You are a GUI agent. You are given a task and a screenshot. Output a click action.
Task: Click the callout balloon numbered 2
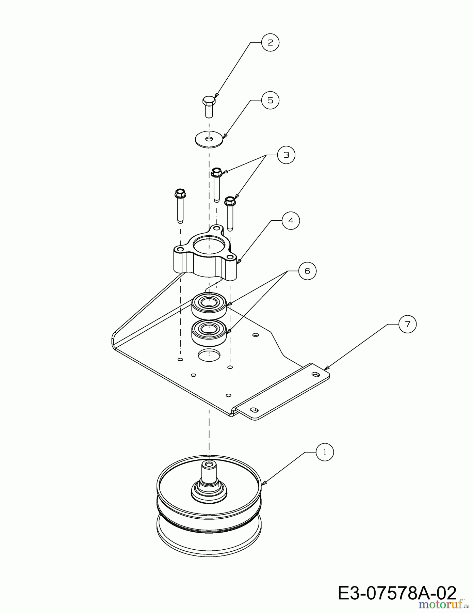pos(270,43)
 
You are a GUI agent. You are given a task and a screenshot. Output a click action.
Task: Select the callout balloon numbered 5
pos(270,100)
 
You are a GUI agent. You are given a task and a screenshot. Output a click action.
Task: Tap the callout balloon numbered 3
pos(286,155)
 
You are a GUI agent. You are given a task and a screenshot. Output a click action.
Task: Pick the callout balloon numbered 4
pos(291,220)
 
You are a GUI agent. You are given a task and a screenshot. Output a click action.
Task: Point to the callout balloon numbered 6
pos(307,271)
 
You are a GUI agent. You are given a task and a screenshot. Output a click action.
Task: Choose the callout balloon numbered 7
pos(407,324)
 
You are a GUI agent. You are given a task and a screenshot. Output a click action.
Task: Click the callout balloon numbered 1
pos(325,452)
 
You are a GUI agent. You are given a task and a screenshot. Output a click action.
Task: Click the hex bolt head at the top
pos(209,100)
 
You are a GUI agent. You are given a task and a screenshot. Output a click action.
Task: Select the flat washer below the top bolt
pos(209,139)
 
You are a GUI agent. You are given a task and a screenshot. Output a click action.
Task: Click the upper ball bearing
pos(209,306)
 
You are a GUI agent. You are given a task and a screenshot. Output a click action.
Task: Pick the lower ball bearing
pos(209,332)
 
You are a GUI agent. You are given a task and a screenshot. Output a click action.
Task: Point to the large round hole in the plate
pos(209,355)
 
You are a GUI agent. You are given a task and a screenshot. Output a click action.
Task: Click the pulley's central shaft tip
pos(209,464)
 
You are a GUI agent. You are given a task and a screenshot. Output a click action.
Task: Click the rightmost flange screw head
pos(230,201)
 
